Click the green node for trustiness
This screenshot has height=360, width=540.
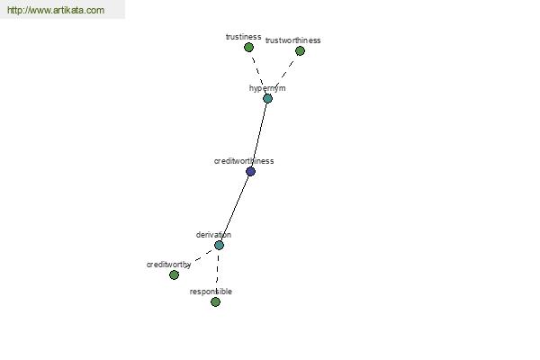pyautogui.click(x=248, y=47)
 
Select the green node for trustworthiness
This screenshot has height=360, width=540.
pyautogui.click(x=300, y=51)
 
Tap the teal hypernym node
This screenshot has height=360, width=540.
pyautogui.click(x=267, y=98)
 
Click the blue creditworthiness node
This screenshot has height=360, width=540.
pyautogui.click(x=250, y=171)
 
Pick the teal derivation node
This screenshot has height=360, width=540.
pyautogui.click(x=219, y=245)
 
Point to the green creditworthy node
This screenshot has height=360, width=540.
pyautogui.click(x=175, y=274)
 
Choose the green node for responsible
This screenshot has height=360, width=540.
pyautogui.click(x=216, y=301)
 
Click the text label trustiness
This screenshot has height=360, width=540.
pyautogui.click(x=244, y=37)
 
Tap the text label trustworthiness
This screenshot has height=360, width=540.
pyautogui.click(x=293, y=40)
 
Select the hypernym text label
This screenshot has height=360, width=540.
pyautogui.click(x=267, y=88)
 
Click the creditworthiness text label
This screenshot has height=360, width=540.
pyautogui.click(x=244, y=161)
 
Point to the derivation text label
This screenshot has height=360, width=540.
pyautogui.click(x=213, y=235)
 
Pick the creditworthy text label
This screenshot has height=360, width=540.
pyautogui.click(x=169, y=265)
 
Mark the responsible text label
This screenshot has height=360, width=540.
pyautogui.click(x=211, y=292)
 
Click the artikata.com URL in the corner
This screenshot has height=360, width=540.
pyautogui.click(x=56, y=10)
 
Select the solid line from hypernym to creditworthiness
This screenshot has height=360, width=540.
pyautogui.click(x=259, y=135)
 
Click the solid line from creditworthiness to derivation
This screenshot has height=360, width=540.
pyautogui.click(x=235, y=208)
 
